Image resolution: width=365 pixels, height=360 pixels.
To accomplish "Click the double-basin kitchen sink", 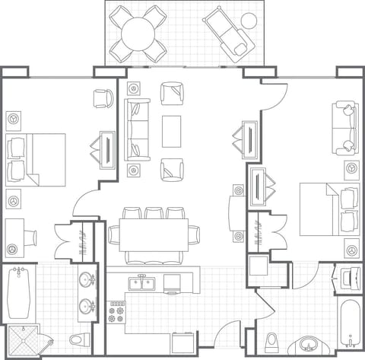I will pos(141,284).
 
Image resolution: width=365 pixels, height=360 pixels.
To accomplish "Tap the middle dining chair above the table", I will pos(157,214).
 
